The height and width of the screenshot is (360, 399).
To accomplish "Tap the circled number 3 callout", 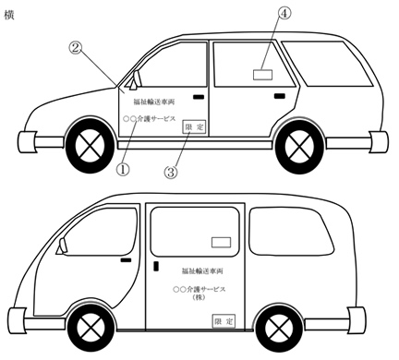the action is coord(171,171).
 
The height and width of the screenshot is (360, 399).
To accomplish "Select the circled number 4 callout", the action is coord(285,14).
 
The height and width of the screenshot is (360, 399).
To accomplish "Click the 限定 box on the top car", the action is coord(194,127).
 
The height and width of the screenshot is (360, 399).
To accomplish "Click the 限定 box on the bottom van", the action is coord(223,321).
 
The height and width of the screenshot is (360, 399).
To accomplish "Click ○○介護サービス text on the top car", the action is coord(154,120).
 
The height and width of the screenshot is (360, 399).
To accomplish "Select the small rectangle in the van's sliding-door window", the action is coord(221,242).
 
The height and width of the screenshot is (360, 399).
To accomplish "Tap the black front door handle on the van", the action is coord(125,262).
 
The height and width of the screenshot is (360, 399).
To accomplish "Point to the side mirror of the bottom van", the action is coord(63,247).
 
